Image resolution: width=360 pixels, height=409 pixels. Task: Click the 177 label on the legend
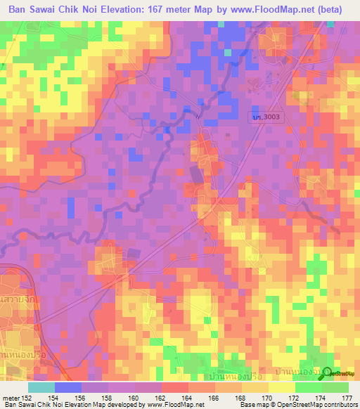pos(347,398)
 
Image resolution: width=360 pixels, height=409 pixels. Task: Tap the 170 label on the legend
pos(267,398)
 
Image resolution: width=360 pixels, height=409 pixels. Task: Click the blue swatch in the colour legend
pos(68,387)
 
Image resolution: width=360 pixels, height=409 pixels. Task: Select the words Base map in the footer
pos(252,405)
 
